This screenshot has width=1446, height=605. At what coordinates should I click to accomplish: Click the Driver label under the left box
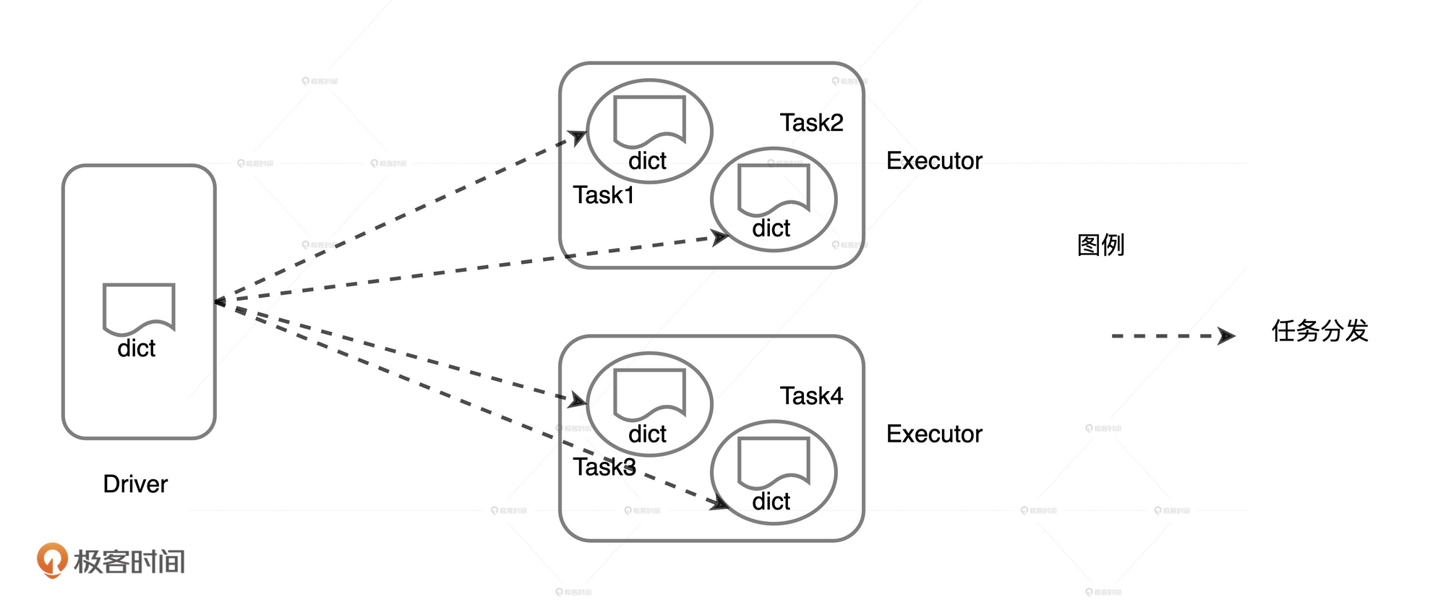tap(135, 484)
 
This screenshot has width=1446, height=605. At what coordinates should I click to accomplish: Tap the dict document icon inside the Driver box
tap(139, 308)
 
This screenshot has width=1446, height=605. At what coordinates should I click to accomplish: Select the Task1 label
tap(604, 195)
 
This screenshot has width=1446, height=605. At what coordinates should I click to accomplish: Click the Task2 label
tap(811, 123)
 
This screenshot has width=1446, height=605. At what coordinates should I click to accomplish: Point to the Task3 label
tap(604, 467)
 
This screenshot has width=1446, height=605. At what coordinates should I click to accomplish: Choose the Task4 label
tap(811, 396)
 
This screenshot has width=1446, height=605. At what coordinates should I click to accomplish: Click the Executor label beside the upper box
tap(934, 160)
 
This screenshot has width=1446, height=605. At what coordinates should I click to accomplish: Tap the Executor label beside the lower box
tap(934, 434)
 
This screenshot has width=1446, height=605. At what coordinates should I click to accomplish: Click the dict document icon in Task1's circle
tap(649, 120)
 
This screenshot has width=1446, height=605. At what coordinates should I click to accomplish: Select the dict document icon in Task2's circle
tap(774, 188)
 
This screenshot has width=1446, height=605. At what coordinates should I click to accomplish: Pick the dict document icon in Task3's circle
tap(649, 393)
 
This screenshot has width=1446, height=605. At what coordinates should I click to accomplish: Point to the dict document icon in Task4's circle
tap(774, 461)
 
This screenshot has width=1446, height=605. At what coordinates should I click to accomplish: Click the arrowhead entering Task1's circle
tap(578, 136)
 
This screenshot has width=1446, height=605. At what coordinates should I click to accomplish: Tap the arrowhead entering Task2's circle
tap(720, 236)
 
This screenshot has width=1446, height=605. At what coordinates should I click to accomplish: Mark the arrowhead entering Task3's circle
tap(578, 400)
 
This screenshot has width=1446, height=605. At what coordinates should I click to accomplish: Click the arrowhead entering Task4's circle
tap(719, 503)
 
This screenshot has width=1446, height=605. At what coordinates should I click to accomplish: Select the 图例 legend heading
tap(1100, 245)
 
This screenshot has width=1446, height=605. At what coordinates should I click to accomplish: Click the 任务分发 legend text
tap(1319, 331)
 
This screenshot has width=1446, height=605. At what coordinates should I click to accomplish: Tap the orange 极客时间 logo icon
tap(52, 559)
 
